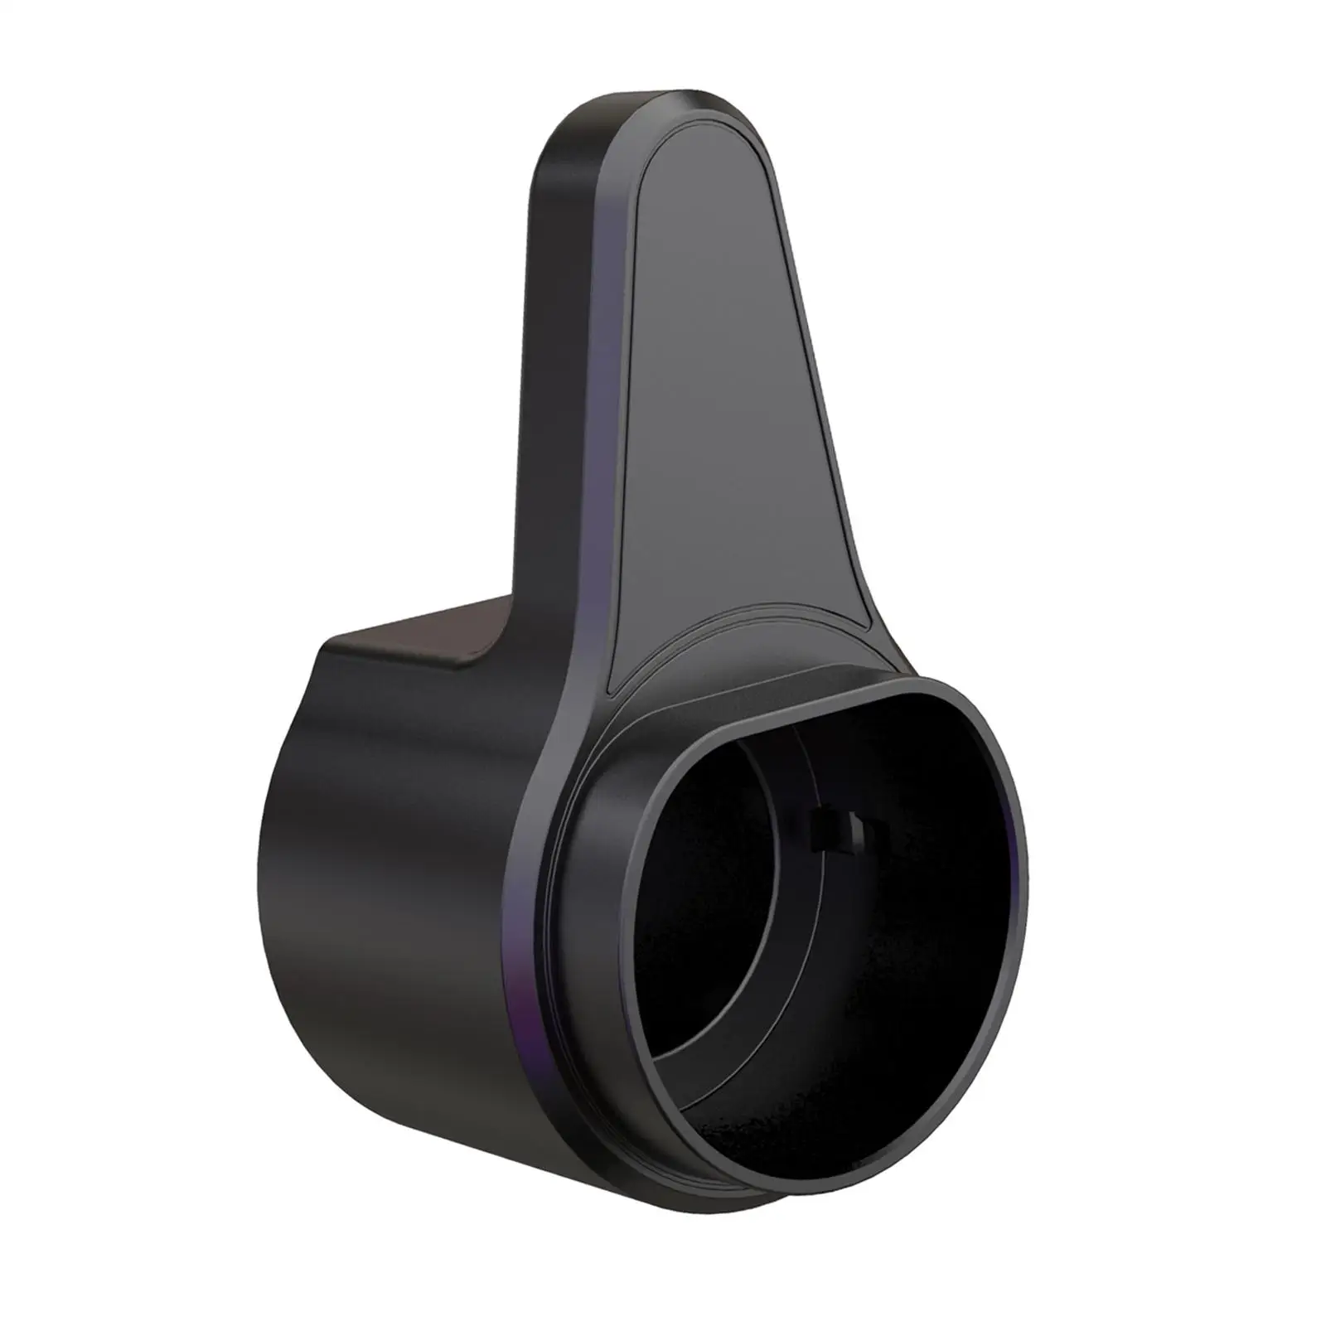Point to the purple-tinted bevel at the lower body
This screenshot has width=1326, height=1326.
point(530,953)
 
